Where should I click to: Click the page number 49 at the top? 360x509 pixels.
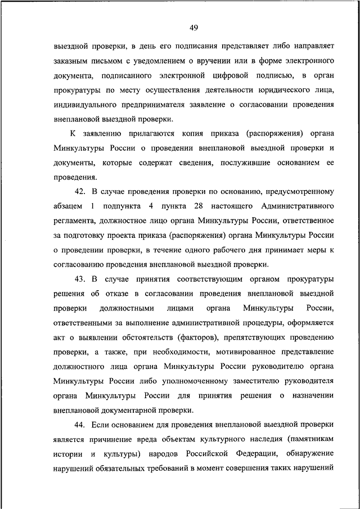193,28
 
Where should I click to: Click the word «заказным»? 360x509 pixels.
73,60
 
